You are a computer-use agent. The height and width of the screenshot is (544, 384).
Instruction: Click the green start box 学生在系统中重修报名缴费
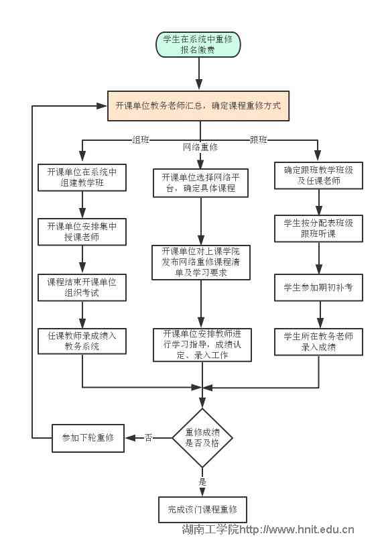[198, 44]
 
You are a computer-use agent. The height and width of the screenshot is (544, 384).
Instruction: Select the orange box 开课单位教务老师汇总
[198, 106]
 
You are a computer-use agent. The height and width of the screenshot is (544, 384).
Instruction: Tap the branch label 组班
[141, 140]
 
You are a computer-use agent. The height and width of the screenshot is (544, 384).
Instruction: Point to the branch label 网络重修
[200, 147]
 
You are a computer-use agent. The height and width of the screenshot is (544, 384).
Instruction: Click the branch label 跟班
[259, 140]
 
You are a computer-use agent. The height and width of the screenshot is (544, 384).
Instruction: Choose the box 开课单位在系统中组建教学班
[82, 177]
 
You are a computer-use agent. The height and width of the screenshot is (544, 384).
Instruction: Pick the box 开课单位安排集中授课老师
[82, 232]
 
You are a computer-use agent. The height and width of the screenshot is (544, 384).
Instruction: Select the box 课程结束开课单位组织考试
[82, 287]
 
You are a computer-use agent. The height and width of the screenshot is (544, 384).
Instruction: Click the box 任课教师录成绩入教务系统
[82, 341]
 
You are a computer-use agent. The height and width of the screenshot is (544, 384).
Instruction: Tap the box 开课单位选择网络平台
[200, 183]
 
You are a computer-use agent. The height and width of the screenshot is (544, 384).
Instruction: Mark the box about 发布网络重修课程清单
[201, 262]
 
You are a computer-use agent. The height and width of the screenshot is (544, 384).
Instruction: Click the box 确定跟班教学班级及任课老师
[318, 175]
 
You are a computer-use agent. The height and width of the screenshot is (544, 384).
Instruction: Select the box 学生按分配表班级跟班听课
[318, 228]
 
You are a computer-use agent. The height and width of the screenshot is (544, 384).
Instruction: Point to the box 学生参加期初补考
[318, 287]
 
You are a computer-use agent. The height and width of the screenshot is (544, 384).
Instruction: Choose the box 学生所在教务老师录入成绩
[318, 341]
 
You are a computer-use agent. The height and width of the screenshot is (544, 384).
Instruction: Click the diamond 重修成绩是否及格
[202, 438]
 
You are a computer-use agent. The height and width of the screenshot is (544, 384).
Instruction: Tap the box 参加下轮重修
[88, 438]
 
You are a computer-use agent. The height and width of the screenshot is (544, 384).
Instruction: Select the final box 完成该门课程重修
[203, 510]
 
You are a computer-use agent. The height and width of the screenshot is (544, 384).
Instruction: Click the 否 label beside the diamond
[148, 438]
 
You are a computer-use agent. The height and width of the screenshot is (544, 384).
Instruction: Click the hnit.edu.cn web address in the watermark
[297, 530]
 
